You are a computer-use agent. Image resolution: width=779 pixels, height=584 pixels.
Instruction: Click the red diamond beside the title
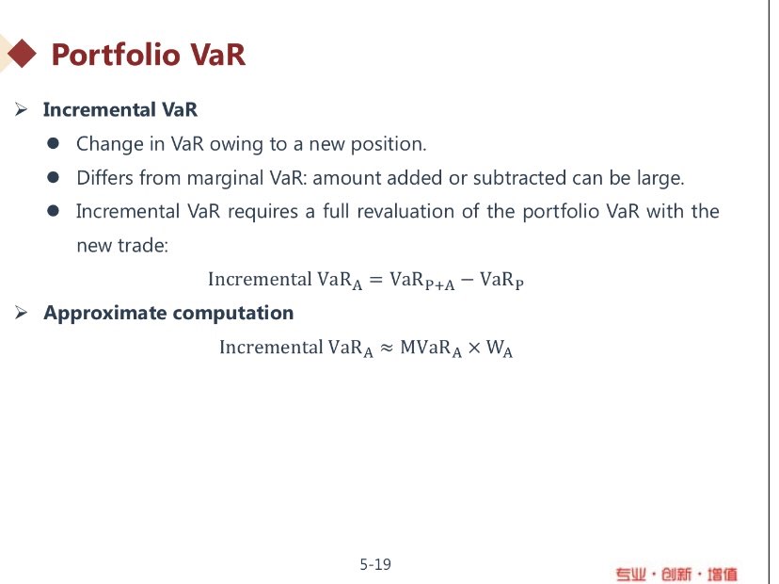(22, 54)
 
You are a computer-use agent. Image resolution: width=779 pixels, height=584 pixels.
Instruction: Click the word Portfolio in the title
(116, 55)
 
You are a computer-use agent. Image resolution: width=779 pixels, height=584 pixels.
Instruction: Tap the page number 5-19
(375, 564)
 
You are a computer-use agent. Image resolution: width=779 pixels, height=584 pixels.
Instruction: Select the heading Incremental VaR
(120, 109)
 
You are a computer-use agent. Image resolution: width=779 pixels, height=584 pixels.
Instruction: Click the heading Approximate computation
(168, 313)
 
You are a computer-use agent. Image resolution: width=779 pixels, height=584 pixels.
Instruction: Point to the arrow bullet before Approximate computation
(21, 313)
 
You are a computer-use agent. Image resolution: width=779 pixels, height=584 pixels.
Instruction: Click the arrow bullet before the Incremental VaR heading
(21, 109)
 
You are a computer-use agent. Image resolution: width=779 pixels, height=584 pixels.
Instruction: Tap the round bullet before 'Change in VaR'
(54, 144)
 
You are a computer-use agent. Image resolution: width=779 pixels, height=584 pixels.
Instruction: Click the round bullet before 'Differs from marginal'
(54, 178)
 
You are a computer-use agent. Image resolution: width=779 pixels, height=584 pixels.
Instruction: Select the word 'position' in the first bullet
(388, 144)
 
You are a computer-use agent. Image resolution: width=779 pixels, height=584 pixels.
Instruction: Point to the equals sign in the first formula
(376, 280)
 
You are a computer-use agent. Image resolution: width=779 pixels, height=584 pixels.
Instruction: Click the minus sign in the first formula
(467, 280)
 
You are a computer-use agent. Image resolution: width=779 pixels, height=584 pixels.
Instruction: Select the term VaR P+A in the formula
(422, 281)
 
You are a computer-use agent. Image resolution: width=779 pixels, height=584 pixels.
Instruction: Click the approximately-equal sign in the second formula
(387, 349)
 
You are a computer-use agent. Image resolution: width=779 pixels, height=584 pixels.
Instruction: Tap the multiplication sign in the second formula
(474, 348)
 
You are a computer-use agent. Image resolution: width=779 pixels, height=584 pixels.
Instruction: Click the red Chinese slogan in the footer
(676, 575)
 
